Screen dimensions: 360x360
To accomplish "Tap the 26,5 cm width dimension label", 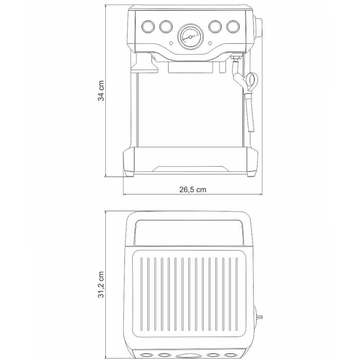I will coord(193,190).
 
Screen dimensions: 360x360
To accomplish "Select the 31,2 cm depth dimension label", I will coord(102,284).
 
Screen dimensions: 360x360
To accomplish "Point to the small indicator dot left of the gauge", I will coord(171,44).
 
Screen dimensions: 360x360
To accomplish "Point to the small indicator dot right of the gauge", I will coord(210,44).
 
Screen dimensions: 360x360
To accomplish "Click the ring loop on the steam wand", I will coord(251,79).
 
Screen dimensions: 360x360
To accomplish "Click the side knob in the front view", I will coord(259,27).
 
